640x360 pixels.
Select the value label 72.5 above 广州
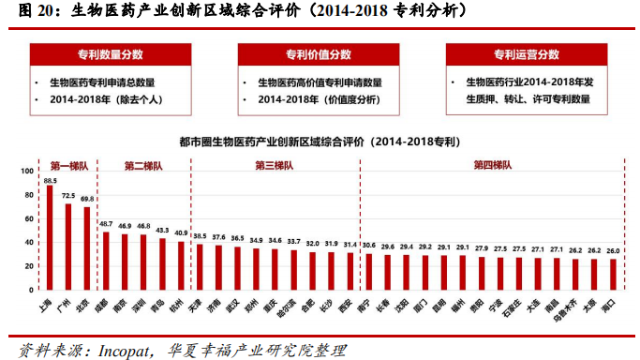(68, 196)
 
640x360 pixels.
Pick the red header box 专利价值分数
(318, 54)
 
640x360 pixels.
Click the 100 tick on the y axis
(24, 172)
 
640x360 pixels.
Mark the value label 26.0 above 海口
(613, 250)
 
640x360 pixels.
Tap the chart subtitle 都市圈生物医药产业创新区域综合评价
(272, 142)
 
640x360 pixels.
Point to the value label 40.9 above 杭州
(181, 232)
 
